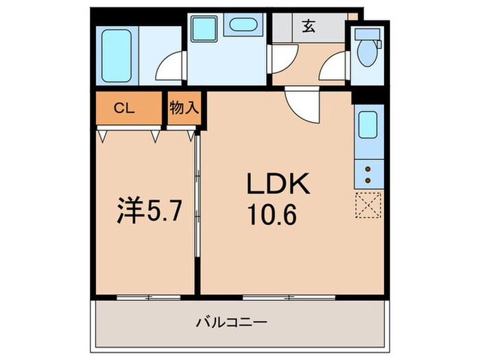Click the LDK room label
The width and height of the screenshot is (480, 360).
pyautogui.click(x=278, y=184)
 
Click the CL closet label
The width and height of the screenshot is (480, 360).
pyautogui.click(x=124, y=108)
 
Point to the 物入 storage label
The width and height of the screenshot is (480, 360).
pyautogui.click(x=183, y=108)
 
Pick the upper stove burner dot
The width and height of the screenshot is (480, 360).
pyautogui.click(x=368, y=169)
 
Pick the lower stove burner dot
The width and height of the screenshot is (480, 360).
pyautogui.click(x=368, y=180)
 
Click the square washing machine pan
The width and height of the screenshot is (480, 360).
pyautogui.click(x=204, y=29)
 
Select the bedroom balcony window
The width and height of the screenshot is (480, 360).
pyautogui.click(x=143, y=297)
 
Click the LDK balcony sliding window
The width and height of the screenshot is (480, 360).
pyautogui.click(x=289, y=297)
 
